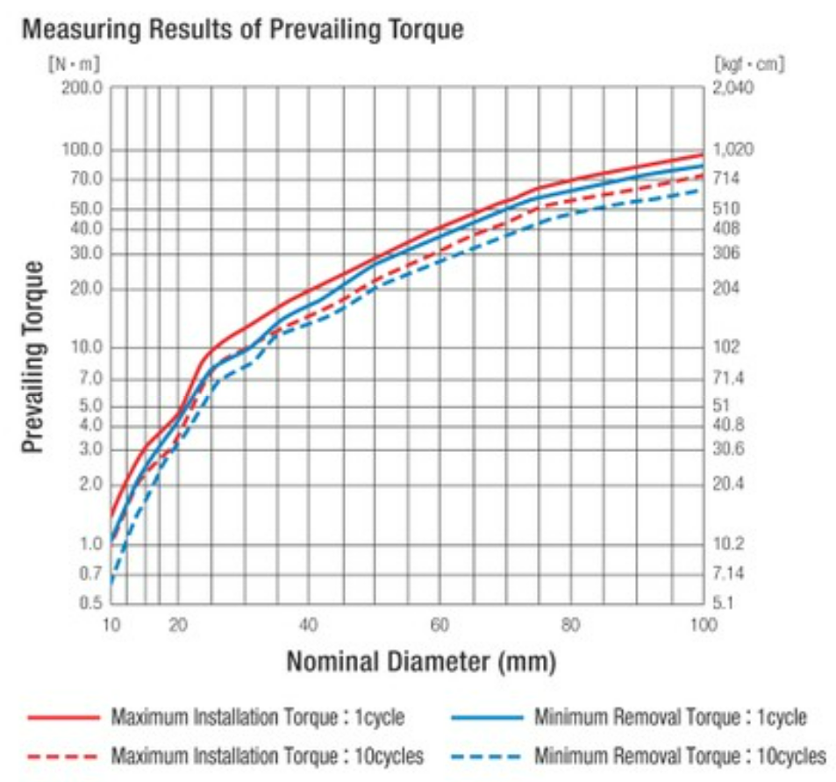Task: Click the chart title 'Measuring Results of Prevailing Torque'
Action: click(x=241, y=29)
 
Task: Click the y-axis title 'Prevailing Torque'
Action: click(x=32, y=356)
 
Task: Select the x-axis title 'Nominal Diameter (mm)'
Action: click(x=421, y=660)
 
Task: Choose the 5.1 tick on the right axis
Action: click(x=725, y=604)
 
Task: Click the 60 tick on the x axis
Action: click(x=439, y=625)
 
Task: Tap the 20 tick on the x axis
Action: click(x=178, y=625)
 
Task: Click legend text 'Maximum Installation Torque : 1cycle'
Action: click(x=257, y=718)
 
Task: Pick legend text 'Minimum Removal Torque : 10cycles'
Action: click(x=680, y=756)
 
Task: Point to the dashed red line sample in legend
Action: click(x=62, y=756)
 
